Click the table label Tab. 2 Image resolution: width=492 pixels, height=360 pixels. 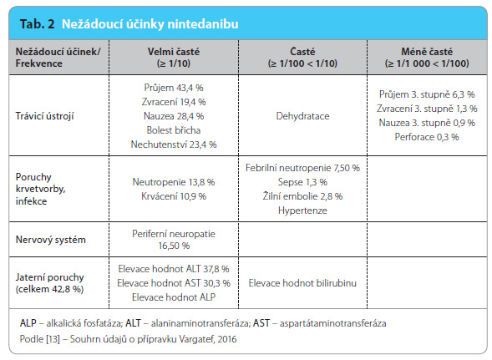[37, 24]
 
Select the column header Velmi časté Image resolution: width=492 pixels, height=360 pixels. [174, 52]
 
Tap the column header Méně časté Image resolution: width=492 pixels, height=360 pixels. [427, 52]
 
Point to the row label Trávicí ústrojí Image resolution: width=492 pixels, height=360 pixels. [44, 116]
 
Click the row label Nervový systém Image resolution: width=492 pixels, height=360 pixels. [50, 240]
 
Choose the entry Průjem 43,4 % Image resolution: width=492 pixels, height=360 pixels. [174, 87]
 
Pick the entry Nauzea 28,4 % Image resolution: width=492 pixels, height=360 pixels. [174, 116]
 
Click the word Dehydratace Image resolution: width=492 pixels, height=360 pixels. [302, 116]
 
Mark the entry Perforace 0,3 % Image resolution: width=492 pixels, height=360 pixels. [427, 137]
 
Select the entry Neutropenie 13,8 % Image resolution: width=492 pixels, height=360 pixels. [174, 182]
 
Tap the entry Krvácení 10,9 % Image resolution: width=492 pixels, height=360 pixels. [174, 196]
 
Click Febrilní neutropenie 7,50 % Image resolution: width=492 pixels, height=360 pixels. [302, 168]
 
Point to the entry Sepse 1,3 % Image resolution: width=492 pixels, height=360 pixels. [302, 182]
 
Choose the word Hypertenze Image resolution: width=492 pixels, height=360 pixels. [302, 210]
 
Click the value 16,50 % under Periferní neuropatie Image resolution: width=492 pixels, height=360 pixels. [174, 246]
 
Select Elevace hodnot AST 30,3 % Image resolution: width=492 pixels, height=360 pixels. [174, 283]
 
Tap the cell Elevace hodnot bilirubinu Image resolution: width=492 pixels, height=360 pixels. [302, 283]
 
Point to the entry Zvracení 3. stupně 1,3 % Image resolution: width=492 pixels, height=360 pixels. [427, 109]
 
